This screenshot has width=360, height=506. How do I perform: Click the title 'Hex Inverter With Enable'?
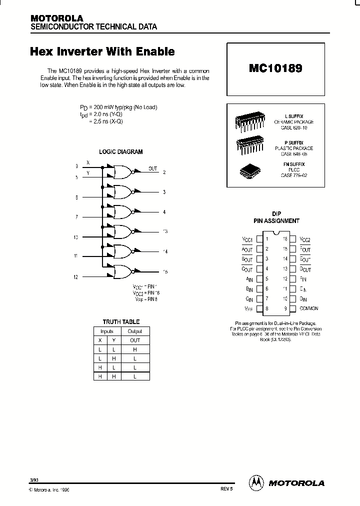point(102,51)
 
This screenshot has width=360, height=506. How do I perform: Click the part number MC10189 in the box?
point(275,68)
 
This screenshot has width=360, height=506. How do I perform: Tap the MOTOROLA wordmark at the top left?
point(56,18)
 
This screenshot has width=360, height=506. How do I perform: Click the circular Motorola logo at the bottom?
point(256,482)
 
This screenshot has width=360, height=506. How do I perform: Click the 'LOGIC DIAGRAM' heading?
point(120,151)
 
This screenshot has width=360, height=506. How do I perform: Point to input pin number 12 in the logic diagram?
point(76,276)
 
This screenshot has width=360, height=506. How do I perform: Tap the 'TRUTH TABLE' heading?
point(121,321)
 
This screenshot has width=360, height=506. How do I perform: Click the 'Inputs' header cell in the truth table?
point(107,331)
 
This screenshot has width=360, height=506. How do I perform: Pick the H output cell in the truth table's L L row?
point(135,349)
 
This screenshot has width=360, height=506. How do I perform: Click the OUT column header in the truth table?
point(135,340)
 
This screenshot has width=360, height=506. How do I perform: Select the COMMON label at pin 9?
point(309,308)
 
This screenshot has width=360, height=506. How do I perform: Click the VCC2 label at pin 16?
point(305,239)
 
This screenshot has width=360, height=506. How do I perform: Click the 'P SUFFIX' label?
point(294,143)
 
